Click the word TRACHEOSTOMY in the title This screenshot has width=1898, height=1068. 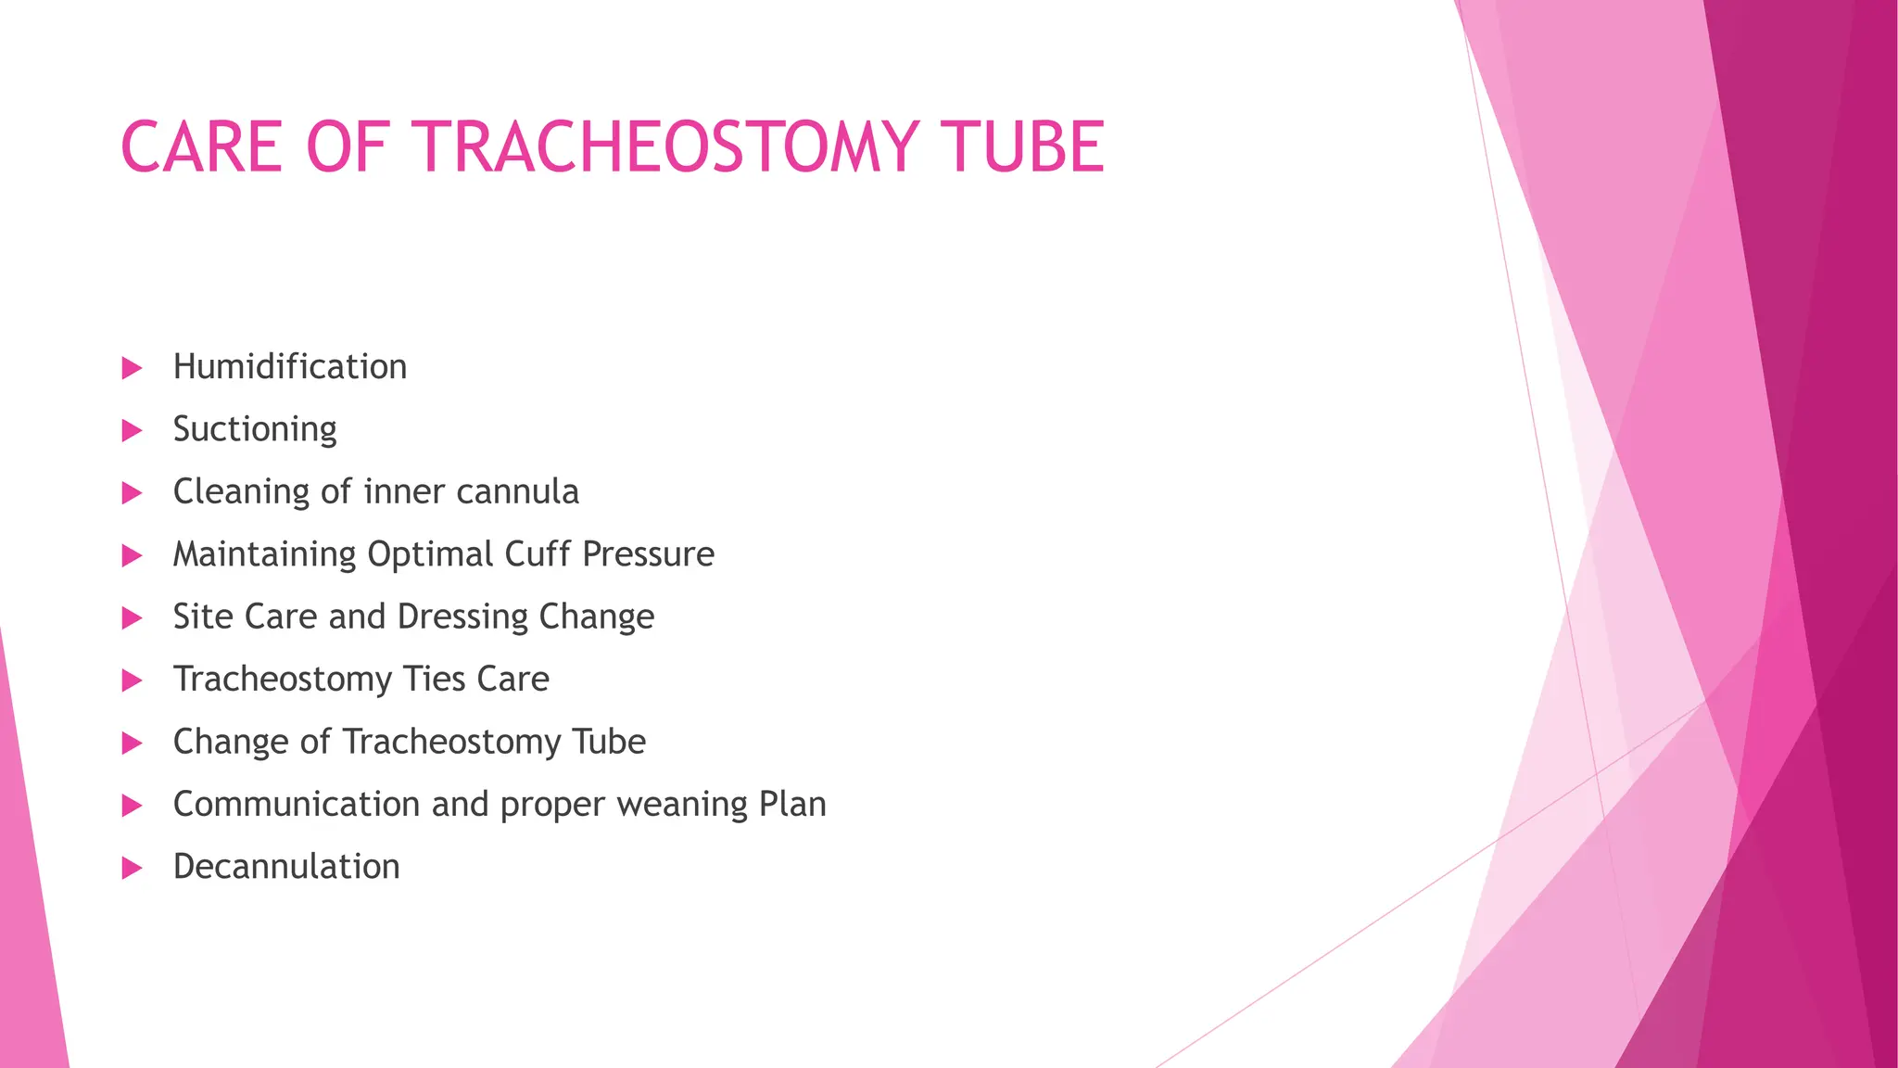[x=666, y=147]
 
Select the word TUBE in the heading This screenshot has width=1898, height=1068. [x=1022, y=147]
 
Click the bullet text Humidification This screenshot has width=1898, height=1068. [x=290, y=367]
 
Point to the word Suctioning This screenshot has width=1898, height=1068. [x=255, y=430]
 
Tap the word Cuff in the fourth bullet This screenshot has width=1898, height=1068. [x=538, y=554]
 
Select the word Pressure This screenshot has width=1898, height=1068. [x=649, y=554]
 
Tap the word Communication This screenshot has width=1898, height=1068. [x=297, y=805]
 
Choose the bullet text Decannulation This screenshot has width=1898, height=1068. [x=286, y=867]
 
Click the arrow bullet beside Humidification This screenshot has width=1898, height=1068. [x=132, y=368]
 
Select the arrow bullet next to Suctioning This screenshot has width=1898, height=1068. [x=132, y=430]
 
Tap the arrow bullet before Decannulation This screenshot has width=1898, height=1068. [x=132, y=868]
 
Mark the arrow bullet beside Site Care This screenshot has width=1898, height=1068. [x=132, y=618]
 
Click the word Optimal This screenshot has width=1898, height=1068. [x=431, y=554]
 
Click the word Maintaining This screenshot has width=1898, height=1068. [x=265, y=554]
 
